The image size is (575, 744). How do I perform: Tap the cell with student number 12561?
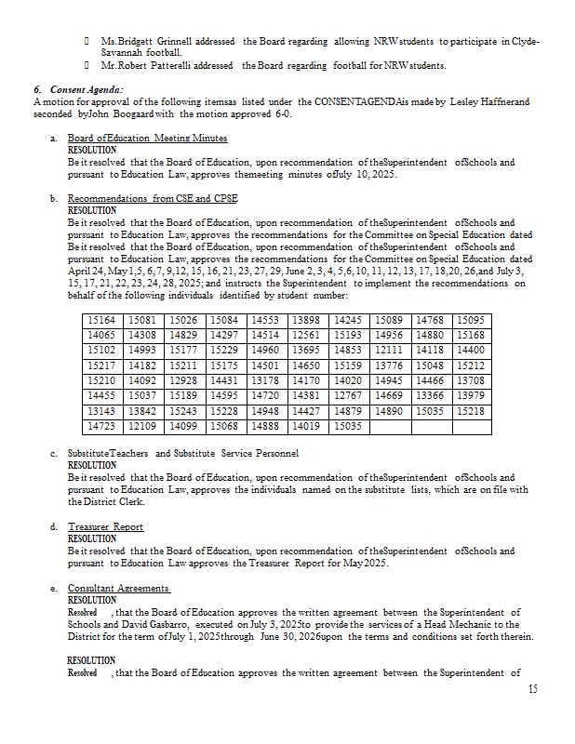click(306, 335)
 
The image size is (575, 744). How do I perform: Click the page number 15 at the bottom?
click(532, 689)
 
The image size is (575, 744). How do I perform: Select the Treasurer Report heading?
click(105, 527)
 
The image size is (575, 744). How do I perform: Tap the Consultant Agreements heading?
click(118, 589)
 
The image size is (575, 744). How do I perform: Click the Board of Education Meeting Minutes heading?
click(147, 138)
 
